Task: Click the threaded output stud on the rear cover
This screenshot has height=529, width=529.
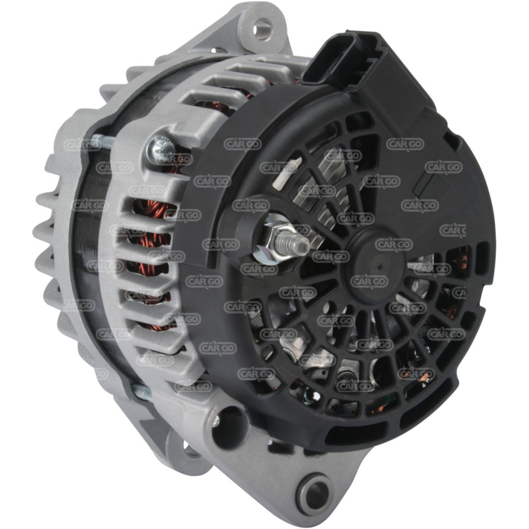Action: [x=293, y=241]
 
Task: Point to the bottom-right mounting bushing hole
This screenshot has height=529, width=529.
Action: [x=315, y=492]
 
